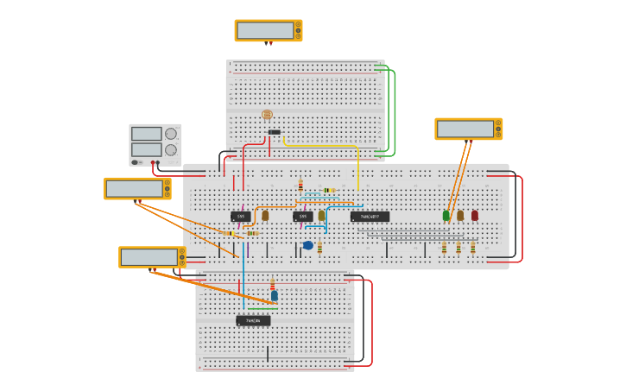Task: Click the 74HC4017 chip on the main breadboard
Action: [x=370, y=217]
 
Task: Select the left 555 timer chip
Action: [x=241, y=217]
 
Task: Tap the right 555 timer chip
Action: [x=302, y=217]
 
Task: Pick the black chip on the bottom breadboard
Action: [x=253, y=321]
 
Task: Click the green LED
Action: [x=446, y=215]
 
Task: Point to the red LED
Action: [x=474, y=215]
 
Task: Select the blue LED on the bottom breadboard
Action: [x=275, y=295]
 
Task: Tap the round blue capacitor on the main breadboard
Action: [x=308, y=245]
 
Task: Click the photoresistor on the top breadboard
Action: [x=267, y=114]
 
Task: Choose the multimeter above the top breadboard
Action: [x=268, y=30]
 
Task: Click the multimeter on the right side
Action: [x=468, y=129]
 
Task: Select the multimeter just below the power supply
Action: [x=136, y=188]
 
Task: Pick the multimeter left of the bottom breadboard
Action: [x=151, y=256]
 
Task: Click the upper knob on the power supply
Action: [x=171, y=134]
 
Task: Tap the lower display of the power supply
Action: [x=146, y=149]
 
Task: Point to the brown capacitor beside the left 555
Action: [x=265, y=215]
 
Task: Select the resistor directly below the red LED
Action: [x=472, y=248]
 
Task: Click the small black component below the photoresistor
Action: [x=274, y=132]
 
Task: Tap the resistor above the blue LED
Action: [x=273, y=284]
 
